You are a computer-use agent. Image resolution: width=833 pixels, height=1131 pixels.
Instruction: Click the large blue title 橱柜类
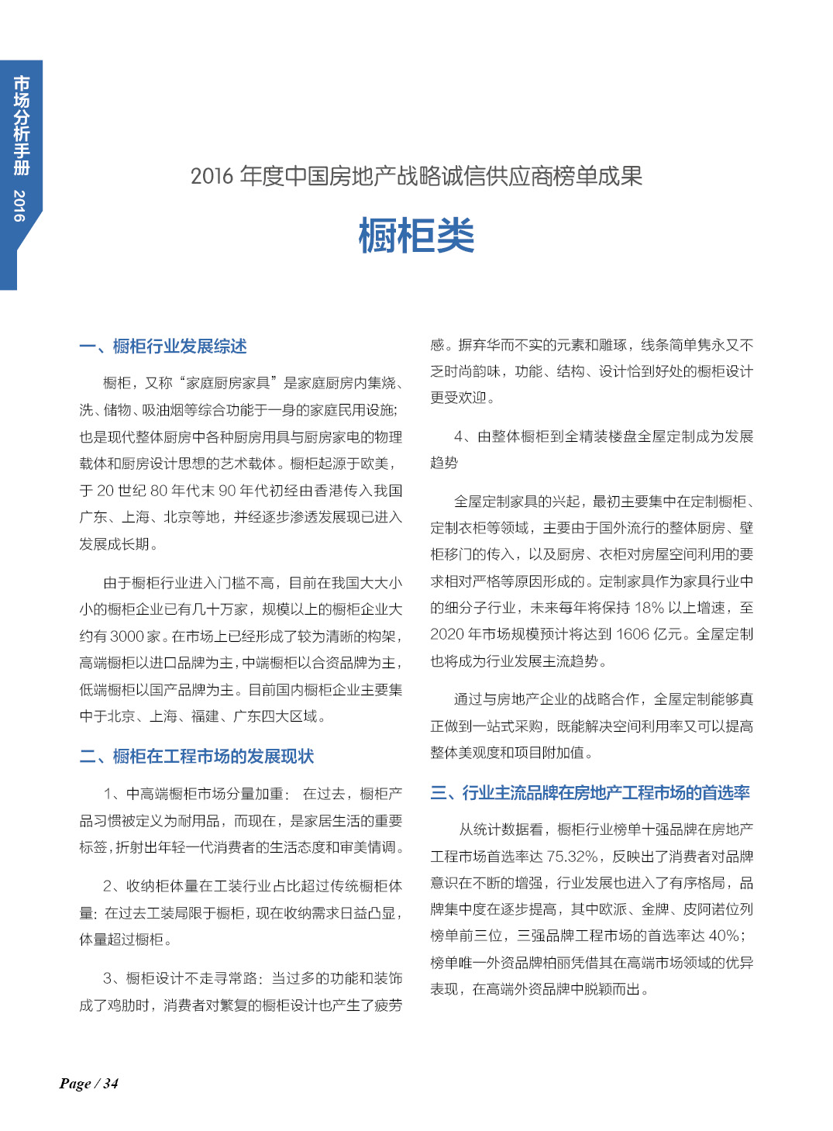click(416, 236)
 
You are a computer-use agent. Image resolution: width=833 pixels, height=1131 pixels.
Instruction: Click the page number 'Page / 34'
click(88, 1084)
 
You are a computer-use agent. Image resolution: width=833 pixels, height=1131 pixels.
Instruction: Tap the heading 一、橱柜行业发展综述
click(163, 347)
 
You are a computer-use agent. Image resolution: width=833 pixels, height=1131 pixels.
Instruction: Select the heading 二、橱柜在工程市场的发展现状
click(197, 757)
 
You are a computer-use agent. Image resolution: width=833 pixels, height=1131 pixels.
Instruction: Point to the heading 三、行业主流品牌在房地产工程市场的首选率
click(590, 793)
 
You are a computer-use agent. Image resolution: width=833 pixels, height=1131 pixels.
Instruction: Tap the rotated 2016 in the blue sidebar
click(20, 205)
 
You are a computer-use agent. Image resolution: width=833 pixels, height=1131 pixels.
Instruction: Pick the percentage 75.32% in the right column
click(573, 857)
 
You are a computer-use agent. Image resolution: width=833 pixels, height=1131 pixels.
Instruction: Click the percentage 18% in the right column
click(649, 608)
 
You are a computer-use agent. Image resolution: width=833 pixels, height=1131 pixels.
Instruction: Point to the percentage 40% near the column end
click(724, 936)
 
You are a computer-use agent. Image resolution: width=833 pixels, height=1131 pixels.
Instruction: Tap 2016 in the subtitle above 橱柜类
click(212, 177)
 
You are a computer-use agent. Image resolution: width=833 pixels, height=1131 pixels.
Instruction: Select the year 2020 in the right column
click(446, 635)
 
